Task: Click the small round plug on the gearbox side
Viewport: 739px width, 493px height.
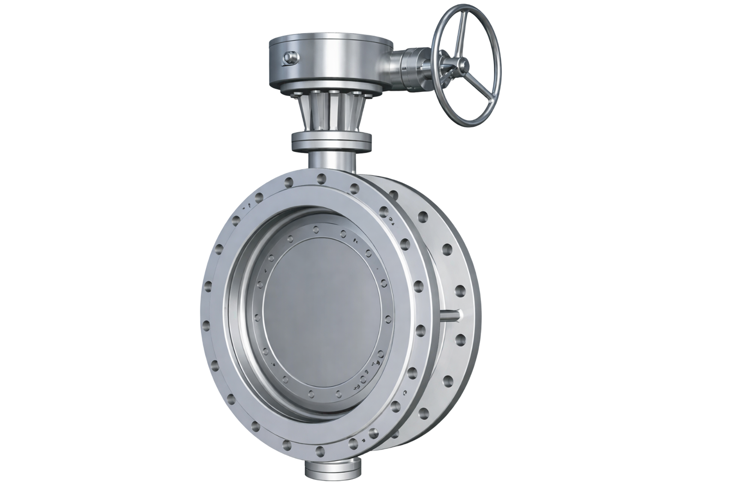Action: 290,58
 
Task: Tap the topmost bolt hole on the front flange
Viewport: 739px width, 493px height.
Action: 320,180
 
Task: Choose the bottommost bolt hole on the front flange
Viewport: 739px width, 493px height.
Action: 320,451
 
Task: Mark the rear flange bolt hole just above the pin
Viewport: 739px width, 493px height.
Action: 459,291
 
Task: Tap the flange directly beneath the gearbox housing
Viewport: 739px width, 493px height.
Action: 332,89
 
